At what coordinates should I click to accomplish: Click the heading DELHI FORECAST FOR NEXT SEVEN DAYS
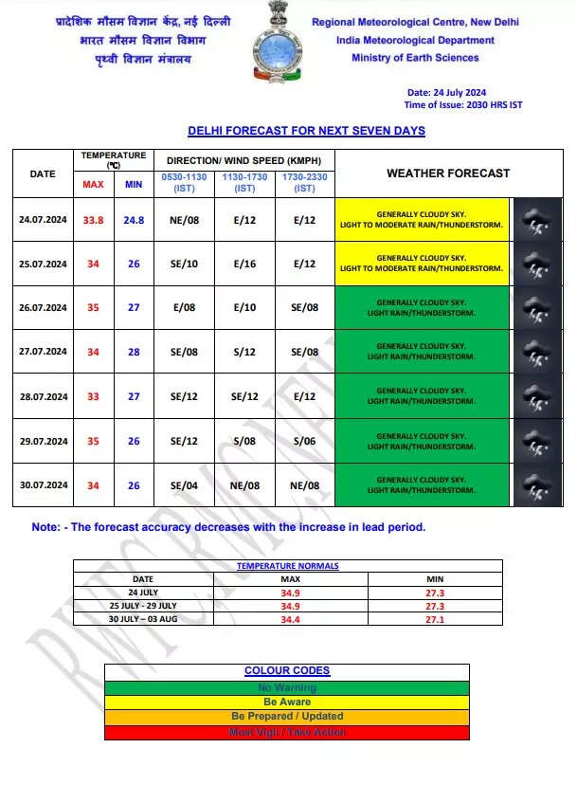pos(306,131)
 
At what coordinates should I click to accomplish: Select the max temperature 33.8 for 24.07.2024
pos(93,220)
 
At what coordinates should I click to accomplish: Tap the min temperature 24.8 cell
pos(134,220)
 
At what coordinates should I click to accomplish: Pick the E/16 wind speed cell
pos(244,264)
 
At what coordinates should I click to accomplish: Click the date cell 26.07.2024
pos(43,307)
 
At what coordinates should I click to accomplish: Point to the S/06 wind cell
pos(304,441)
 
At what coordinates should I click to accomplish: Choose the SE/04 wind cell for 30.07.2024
pos(184,485)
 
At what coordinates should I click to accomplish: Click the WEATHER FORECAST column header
pos(448,173)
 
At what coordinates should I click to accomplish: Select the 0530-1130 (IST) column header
pos(184,182)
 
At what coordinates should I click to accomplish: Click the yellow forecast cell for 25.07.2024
pos(422,264)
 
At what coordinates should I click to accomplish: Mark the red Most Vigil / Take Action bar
pos(287,732)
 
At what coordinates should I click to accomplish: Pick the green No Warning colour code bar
pos(287,687)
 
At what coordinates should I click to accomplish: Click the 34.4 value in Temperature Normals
pos(291,619)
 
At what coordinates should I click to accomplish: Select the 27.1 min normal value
pos(435,619)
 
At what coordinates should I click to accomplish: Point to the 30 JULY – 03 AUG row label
pos(143,619)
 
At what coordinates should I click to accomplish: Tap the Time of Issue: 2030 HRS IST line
pos(462,105)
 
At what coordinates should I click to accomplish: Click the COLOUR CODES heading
pos(287,671)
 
